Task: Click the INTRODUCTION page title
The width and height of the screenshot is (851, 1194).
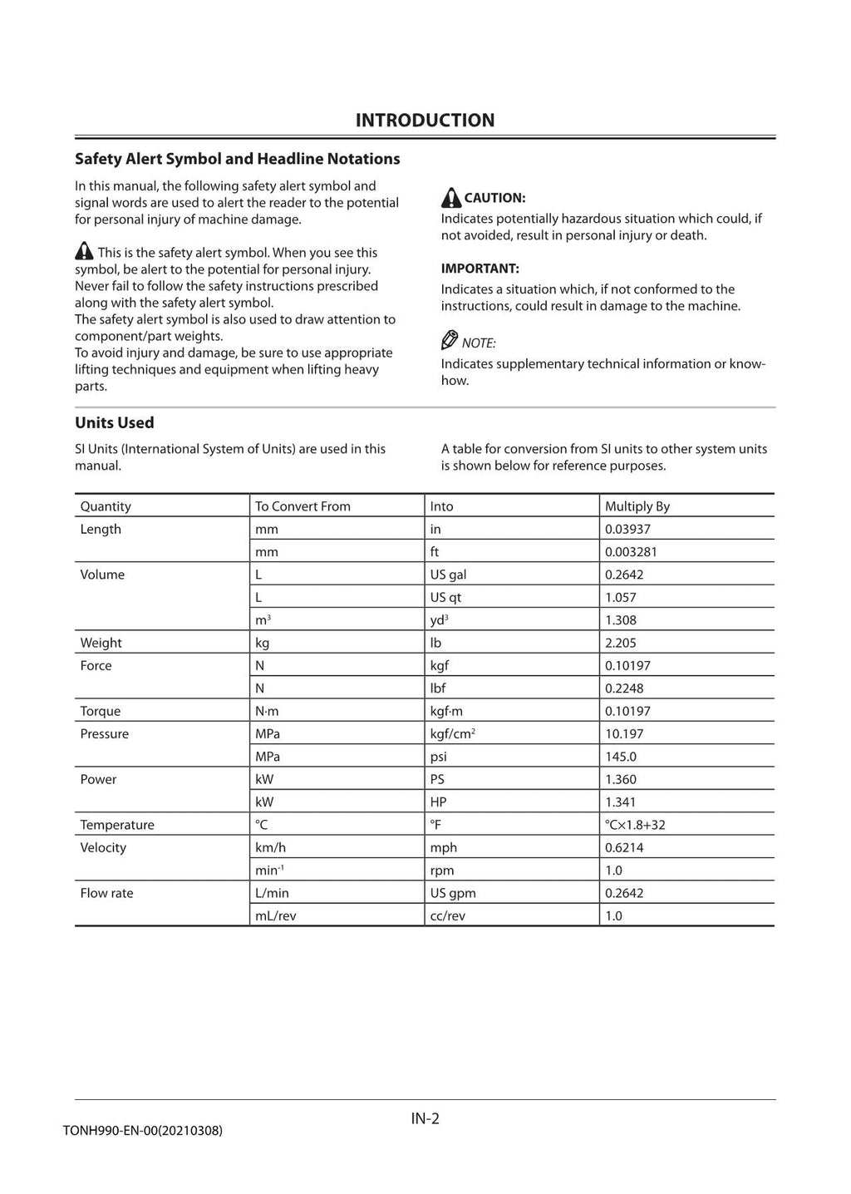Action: (x=425, y=121)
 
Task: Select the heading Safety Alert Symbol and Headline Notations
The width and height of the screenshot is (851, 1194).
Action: (x=237, y=159)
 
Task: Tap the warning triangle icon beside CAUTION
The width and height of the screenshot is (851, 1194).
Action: (x=450, y=198)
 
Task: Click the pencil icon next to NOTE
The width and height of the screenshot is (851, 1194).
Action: (x=450, y=341)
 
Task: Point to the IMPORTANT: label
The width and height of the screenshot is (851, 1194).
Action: (x=480, y=269)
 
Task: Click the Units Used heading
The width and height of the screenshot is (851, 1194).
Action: (x=115, y=422)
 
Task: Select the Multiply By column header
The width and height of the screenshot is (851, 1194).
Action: (x=637, y=506)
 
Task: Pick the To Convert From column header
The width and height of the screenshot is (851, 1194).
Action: (x=303, y=506)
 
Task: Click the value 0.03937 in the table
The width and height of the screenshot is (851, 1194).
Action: (x=627, y=529)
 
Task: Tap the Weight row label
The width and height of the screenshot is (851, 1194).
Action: (x=101, y=643)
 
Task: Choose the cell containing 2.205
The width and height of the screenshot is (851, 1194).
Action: (x=620, y=643)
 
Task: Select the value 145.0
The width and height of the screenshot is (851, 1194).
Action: (x=620, y=757)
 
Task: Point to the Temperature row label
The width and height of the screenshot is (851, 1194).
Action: (x=117, y=825)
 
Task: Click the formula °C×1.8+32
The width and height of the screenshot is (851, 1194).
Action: (x=635, y=825)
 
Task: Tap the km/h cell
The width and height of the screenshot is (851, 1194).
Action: (x=270, y=847)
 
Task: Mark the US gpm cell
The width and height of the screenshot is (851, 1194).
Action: (x=453, y=893)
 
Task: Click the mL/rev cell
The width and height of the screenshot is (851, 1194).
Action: (x=275, y=915)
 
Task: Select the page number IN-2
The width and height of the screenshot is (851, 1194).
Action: (x=425, y=1118)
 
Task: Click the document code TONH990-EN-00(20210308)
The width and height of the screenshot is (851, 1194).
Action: (x=142, y=1131)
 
